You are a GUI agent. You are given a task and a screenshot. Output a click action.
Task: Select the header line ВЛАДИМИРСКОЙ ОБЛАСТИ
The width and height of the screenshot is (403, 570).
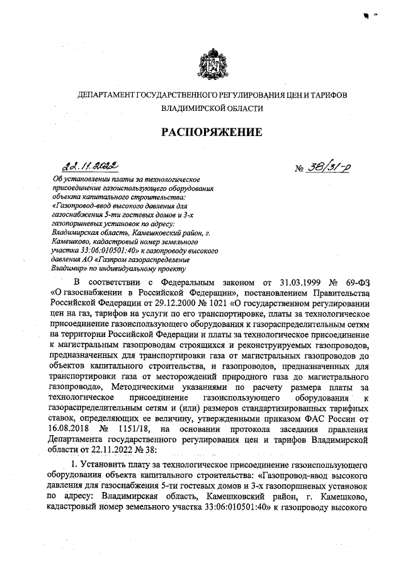click(212, 108)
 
